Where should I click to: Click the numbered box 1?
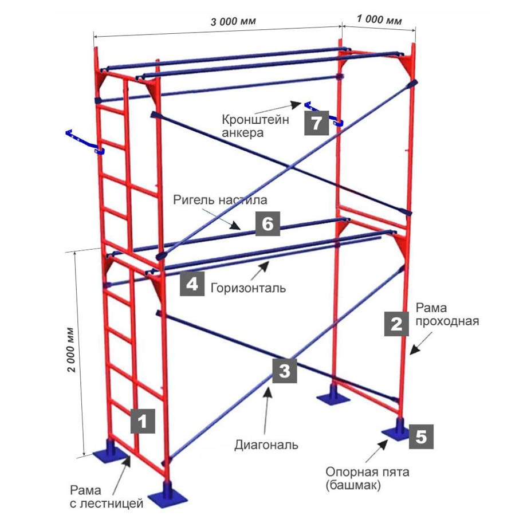(143, 421)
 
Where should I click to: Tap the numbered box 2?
(396, 324)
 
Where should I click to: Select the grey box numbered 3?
(285, 371)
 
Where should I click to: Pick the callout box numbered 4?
(192, 284)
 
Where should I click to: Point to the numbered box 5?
(421, 436)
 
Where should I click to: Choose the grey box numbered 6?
(268, 223)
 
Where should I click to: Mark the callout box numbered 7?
(317, 123)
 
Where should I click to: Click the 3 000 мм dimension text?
(233, 22)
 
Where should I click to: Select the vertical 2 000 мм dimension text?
(71, 350)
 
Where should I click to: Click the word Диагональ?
(266, 445)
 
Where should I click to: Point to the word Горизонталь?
(249, 288)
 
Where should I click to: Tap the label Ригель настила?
(220, 200)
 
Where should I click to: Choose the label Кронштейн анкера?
(255, 125)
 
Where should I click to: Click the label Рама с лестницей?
(107, 497)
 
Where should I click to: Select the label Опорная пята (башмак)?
(367, 478)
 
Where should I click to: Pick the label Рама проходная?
(447, 314)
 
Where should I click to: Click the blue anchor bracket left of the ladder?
(85, 142)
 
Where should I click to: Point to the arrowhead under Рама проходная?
(414, 350)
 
